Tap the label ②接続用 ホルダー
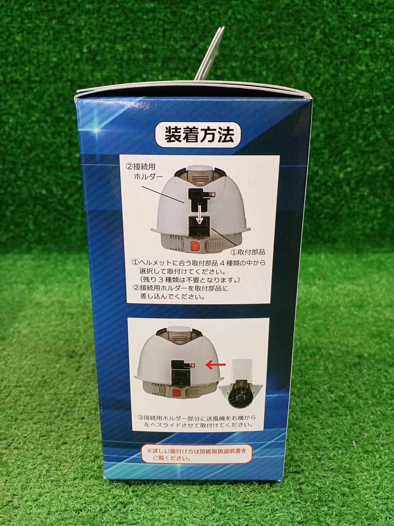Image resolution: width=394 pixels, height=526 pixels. [x=146, y=172]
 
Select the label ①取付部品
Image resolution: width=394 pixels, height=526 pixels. [x=247, y=252]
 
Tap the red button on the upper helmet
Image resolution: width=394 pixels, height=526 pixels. [x=195, y=246]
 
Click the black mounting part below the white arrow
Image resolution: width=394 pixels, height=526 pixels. [x=199, y=227]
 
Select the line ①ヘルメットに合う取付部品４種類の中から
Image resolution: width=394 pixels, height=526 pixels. [x=199, y=263]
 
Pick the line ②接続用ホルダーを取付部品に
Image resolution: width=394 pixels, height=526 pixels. [x=180, y=288]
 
